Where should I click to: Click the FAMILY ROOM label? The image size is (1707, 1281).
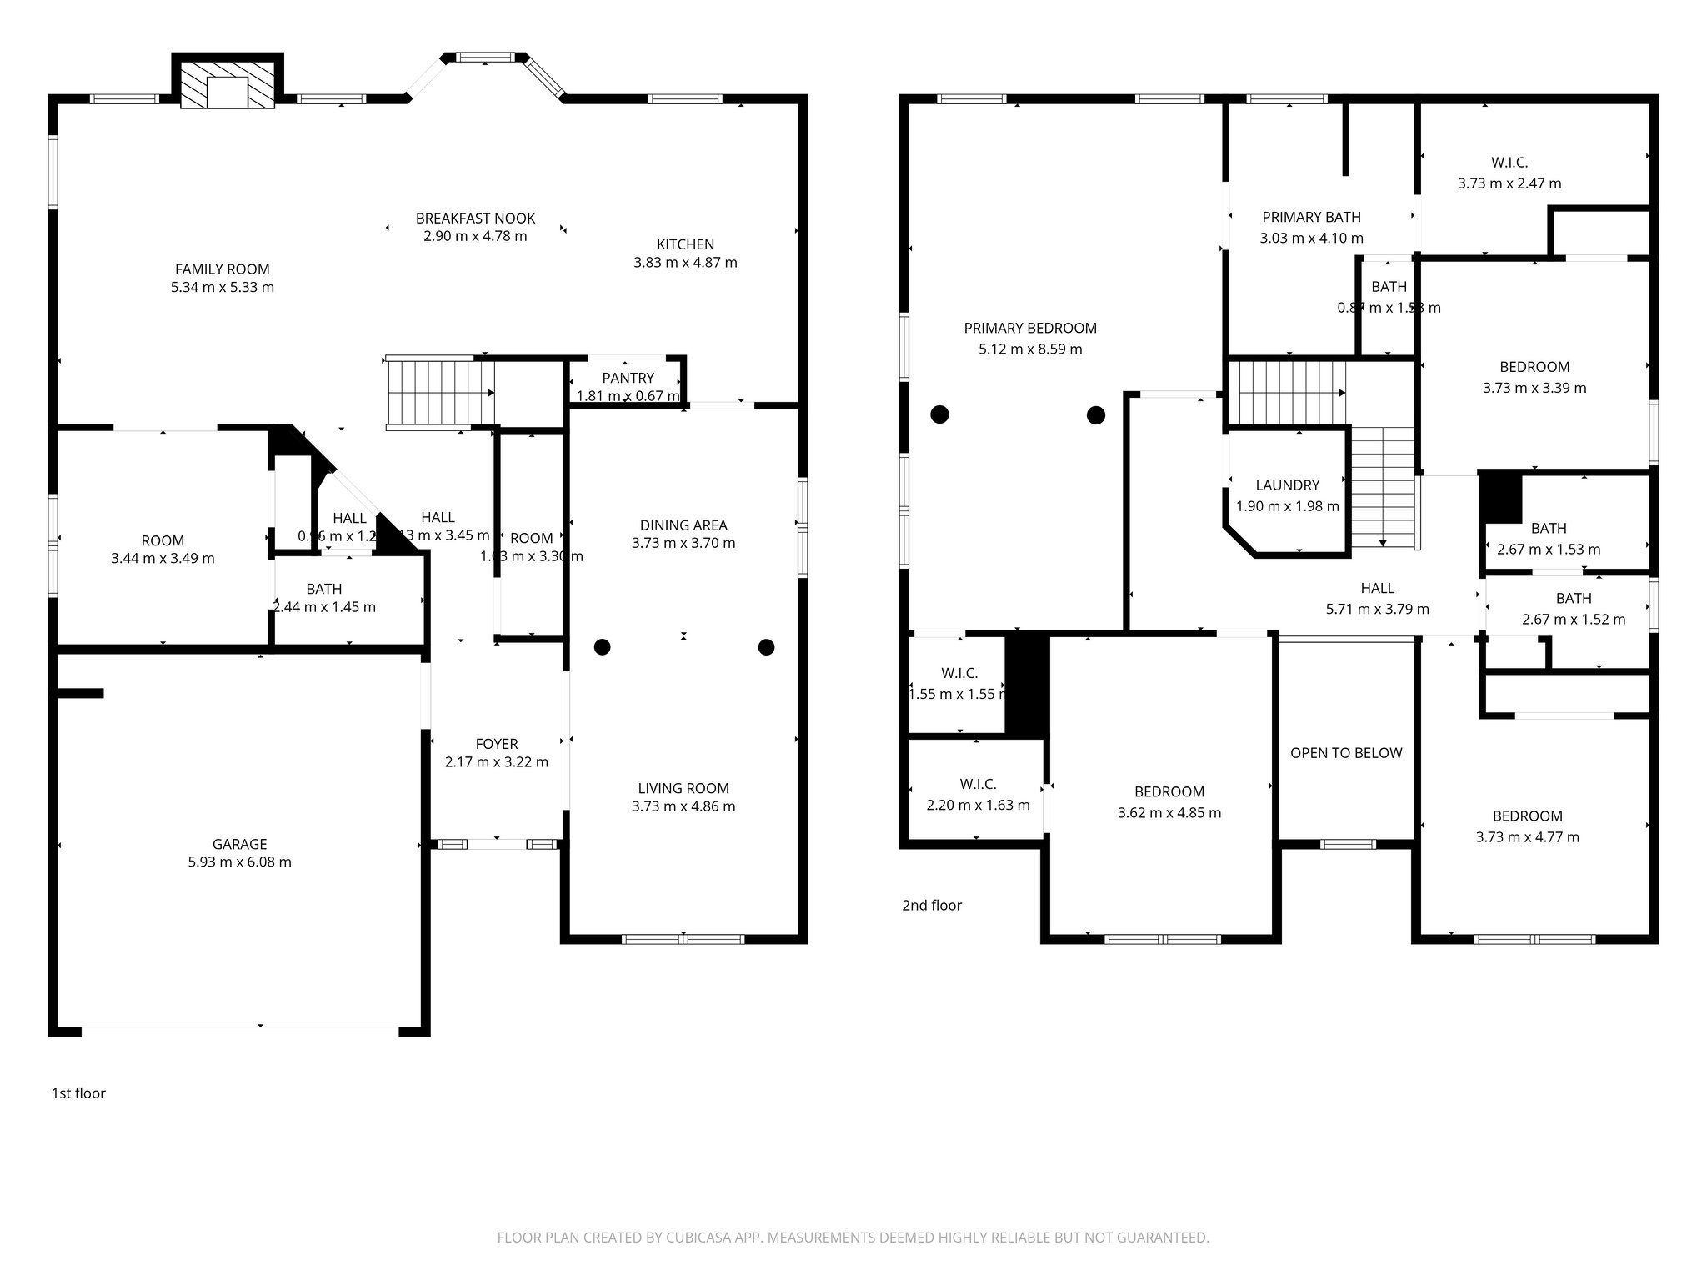coord(222,269)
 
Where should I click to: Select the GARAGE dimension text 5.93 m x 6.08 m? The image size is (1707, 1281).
coord(239,862)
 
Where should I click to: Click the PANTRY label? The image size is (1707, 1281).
coord(628,378)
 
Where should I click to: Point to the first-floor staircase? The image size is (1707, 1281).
coord(440,393)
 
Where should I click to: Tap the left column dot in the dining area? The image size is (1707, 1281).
coord(602,647)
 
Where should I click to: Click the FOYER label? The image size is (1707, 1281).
coord(496,744)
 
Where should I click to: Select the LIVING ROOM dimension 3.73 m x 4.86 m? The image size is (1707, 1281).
coord(683,806)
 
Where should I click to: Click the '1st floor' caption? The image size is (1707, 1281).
coord(78,1093)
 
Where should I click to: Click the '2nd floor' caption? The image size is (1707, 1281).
coord(931,906)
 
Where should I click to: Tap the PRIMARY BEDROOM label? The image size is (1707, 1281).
coord(1030,328)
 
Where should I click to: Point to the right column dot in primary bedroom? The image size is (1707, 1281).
coord(1095,414)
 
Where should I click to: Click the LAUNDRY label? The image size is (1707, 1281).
coord(1287,485)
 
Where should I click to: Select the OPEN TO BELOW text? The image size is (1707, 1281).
coord(1345,753)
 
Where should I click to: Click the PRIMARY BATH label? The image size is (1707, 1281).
coord(1310,217)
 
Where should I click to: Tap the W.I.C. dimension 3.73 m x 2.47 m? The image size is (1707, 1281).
coord(1509,183)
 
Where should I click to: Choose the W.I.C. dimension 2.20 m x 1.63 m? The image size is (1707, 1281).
coord(977,806)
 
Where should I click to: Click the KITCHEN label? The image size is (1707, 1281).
coord(685,244)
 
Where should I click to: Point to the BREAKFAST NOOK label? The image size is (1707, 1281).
coord(475,219)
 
